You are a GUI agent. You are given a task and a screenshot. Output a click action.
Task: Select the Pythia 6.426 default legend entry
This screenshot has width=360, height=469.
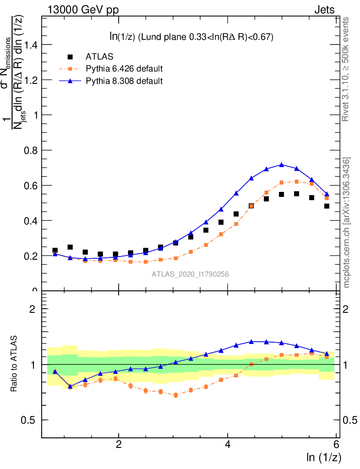124,69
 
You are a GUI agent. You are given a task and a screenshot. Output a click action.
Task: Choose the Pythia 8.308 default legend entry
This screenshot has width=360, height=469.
124,81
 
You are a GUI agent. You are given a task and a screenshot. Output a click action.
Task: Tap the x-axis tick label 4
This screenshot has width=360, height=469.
228,445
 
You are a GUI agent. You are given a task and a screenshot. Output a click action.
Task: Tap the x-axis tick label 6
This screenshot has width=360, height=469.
336,445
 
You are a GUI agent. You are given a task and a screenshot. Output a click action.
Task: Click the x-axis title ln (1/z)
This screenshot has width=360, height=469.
324,457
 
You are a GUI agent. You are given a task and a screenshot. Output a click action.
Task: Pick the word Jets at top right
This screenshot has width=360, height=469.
324,10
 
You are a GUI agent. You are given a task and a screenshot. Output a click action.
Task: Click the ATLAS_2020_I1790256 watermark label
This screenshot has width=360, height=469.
190,274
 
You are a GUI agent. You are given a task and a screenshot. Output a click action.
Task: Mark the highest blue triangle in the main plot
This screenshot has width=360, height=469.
282,164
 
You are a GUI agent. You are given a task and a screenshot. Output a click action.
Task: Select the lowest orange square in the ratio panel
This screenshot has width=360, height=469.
175,395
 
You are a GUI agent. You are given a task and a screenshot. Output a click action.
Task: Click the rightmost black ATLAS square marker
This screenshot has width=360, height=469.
327,206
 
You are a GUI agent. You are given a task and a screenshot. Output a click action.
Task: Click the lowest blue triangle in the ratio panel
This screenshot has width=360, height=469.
70,386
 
